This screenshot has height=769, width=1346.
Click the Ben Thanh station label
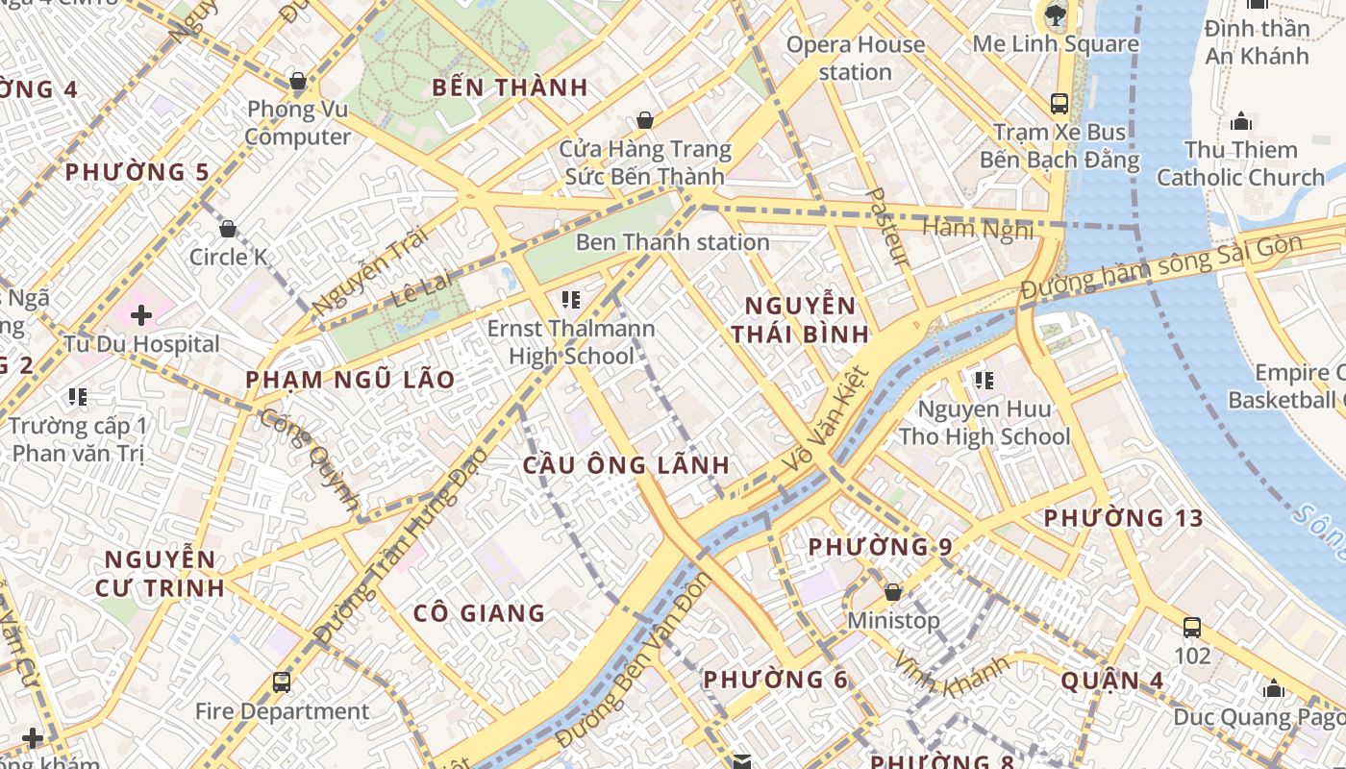pos(672,242)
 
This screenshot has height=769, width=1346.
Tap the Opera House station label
pos(856,58)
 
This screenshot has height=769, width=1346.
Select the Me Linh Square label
pos(1056,44)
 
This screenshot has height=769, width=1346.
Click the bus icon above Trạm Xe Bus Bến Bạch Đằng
pos(1059,103)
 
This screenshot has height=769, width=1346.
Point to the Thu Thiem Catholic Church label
pos(1240,163)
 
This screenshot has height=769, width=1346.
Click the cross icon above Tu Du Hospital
pos(141,314)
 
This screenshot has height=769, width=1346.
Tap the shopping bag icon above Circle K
pos(228,229)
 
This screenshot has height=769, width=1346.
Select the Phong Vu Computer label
pos(297,123)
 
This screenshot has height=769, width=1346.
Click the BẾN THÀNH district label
pos(510,87)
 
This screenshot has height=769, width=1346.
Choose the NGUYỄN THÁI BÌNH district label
pos(800,320)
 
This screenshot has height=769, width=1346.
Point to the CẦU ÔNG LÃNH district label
pos(626,465)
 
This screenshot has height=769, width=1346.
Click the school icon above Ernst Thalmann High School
pos(571,300)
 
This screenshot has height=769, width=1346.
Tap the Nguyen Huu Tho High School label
pos(984,423)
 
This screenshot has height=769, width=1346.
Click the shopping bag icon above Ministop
pos(893,592)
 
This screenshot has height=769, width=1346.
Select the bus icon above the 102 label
pos(1192,628)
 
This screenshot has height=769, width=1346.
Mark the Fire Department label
pos(282,711)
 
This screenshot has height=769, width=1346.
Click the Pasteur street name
pos(888,226)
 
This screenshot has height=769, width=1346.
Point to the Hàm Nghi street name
pos(978,229)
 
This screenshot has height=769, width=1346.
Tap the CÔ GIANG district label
pos(479,613)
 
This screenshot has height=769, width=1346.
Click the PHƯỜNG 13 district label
pos(1123,518)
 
